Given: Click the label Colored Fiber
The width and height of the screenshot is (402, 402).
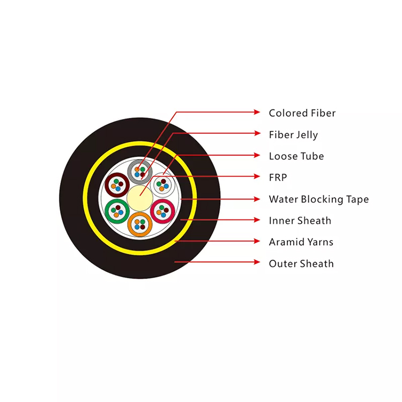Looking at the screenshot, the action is pos(302,113).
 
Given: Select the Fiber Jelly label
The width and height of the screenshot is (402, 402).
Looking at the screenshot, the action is pos(293,135).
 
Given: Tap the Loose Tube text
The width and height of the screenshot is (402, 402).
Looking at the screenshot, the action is pos(296,156).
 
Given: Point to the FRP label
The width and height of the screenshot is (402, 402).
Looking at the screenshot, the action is pos(278,177).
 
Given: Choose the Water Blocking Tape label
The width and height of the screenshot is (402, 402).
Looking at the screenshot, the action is pos(319,199).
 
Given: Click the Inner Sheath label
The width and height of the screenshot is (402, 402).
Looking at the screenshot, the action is pos(300,220).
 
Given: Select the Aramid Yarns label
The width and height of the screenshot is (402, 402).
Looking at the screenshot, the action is pos(301,242).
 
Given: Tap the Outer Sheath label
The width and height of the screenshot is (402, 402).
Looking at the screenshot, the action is pos(301,264).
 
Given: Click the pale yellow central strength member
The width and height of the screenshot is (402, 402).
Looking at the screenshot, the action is pos(140,198).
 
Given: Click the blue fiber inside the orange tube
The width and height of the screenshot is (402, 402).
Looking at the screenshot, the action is pos(137,227).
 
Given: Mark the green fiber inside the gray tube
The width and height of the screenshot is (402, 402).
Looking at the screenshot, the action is pos(143,169).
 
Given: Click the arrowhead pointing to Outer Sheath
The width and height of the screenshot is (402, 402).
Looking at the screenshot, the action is pos(257,262).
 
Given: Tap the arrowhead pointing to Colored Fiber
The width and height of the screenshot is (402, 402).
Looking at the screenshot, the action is pos(257,112).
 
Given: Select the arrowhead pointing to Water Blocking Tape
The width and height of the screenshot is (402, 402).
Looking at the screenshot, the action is pos(257,199).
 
